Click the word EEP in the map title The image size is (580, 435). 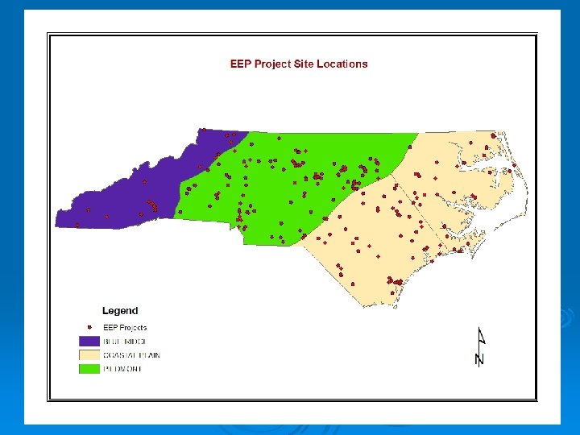pos(241,64)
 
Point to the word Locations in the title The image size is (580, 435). pos(342,64)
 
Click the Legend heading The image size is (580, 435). pos(120,311)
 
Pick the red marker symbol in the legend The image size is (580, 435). pos(89,327)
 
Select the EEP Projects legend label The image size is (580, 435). pos(125,328)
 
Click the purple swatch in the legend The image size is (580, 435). pos(89,342)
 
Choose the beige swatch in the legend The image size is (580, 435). pos(89,355)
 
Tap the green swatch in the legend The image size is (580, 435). pos(89,369)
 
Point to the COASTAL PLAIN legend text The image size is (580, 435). pos(131,355)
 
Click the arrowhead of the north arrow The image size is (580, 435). pos(481,334)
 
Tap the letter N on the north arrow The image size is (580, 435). pos(479,358)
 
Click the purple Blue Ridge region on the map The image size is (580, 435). pos(121,201)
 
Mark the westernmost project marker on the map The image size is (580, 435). pos(77,224)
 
